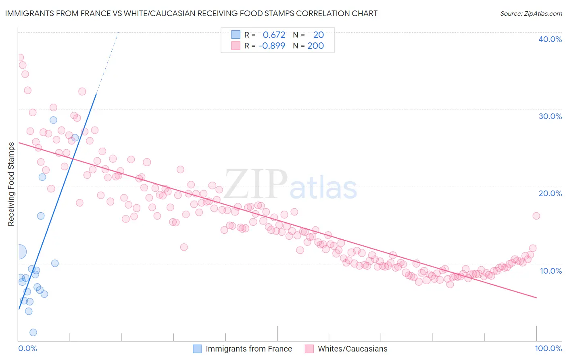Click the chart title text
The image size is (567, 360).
(x=191, y=13)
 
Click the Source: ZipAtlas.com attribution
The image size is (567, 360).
(x=531, y=13)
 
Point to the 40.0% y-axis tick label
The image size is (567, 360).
(x=550, y=39)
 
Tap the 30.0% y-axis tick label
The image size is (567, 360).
(x=550, y=116)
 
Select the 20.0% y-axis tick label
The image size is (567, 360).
(x=550, y=193)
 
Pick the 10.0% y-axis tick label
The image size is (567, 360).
(x=551, y=271)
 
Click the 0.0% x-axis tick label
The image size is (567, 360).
(x=27, y=348)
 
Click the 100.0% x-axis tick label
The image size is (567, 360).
(x=548, y=348)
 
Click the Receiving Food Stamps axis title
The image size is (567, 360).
(x=11, y=184)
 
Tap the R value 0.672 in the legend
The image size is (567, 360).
(x=274, y=35)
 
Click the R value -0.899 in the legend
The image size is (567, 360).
(x=272, y=46)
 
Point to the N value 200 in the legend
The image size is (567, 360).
(x=315, y=46)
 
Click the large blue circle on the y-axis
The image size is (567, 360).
(x=19, y=252)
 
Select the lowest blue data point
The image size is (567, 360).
(x=33, y=332)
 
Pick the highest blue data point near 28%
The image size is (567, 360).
(x=53, y=120)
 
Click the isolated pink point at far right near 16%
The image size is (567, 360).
(x=536, y=216)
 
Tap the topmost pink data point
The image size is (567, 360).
(x=20, y=57)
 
